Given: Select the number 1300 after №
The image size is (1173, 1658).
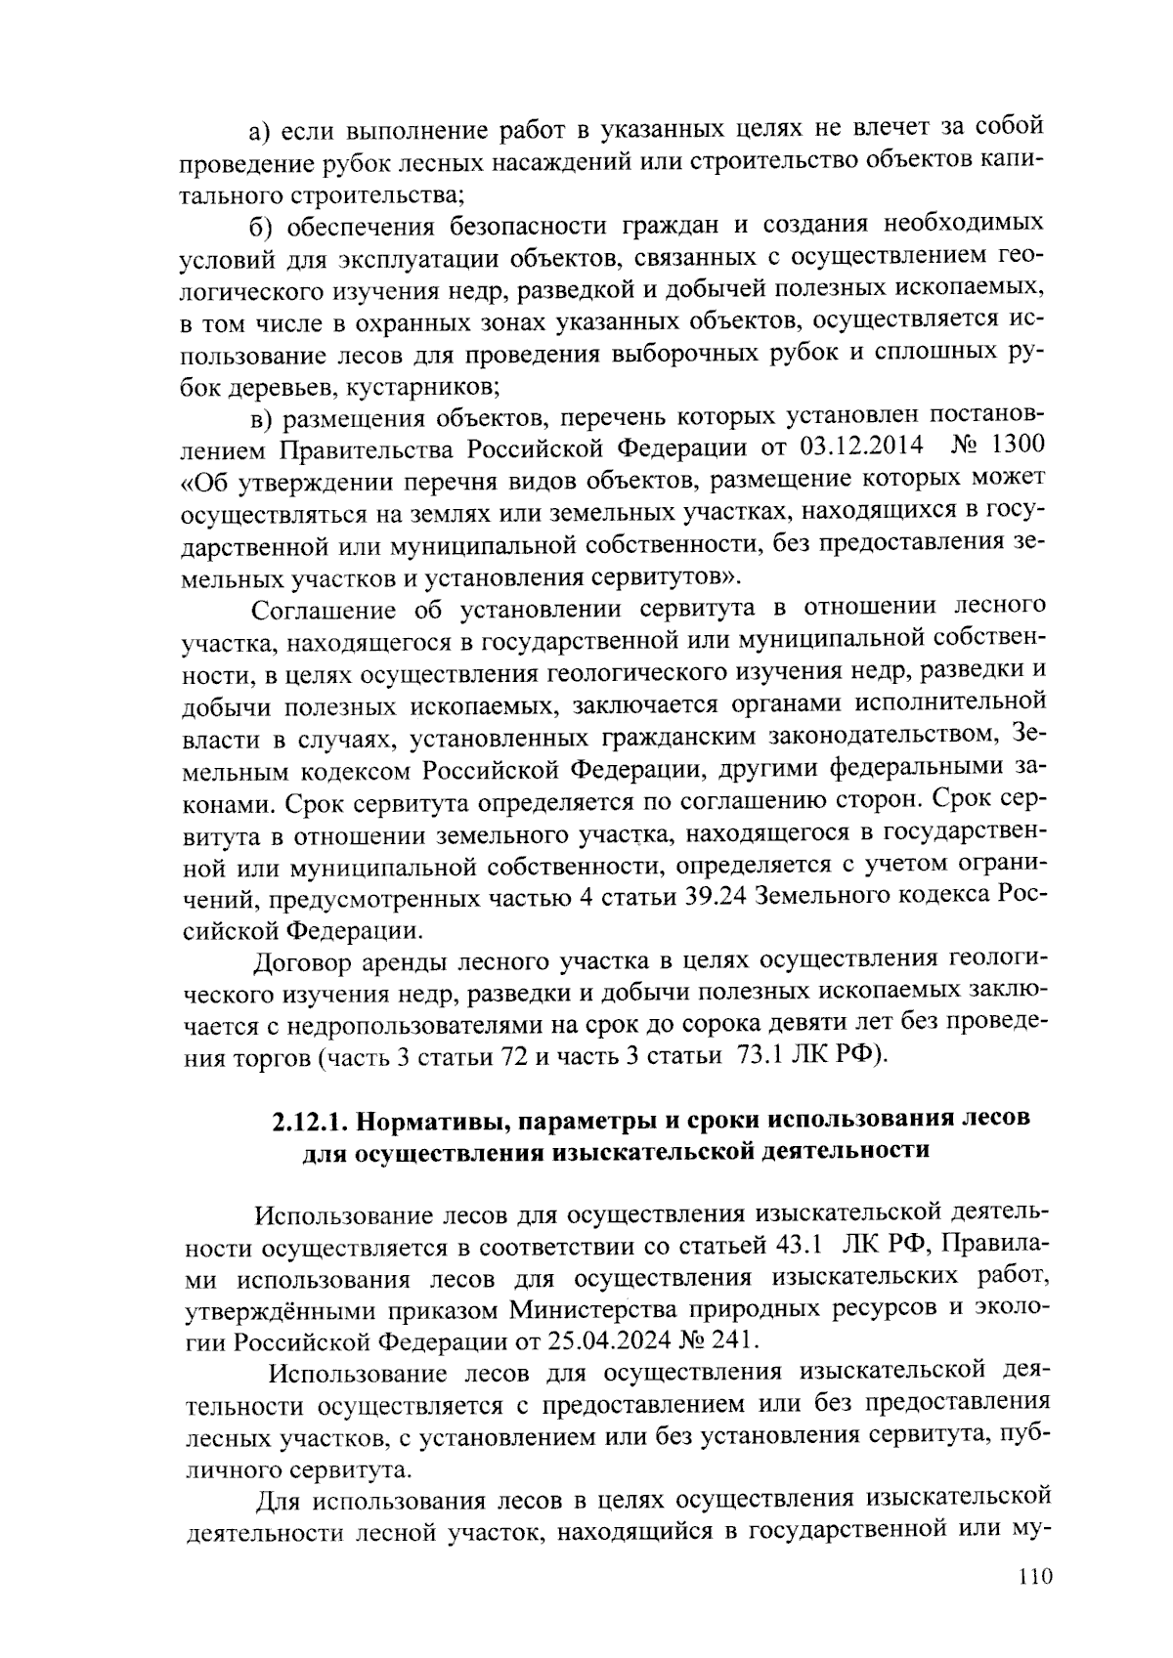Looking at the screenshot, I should (x=1018, y=446).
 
